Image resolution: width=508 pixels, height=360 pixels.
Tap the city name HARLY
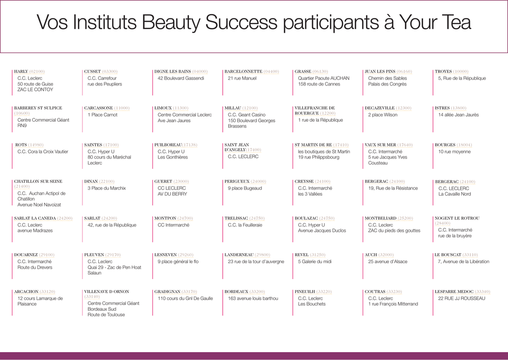point(21,72)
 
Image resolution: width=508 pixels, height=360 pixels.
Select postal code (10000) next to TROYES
point(460,72)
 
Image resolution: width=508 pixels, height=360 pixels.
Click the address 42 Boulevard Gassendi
point(181,78)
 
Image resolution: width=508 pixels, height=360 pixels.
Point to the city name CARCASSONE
point(99,108)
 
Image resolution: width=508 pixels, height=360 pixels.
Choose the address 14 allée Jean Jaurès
point(458,115)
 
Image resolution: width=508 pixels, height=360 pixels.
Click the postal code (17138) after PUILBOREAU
point(190,144)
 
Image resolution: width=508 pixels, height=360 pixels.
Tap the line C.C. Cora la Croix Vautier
point(43,151)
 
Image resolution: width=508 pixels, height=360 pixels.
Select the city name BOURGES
point(445,144)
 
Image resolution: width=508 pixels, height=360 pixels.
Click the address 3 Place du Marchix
point(107,188)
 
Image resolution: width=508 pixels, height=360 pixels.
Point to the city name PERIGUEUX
point(237,181)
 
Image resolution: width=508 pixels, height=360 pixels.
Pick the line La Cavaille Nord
point(454,194)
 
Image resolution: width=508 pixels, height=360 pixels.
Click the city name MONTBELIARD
point(381,218)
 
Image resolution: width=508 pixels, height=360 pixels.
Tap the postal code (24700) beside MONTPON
point(185,218)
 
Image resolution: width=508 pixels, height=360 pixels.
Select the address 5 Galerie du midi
point(315,261)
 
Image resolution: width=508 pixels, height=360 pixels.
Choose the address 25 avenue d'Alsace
point(387,261)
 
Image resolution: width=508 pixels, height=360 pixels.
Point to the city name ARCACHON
point(26,291)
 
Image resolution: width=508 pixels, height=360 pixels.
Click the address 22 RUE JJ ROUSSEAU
point(462,298)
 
